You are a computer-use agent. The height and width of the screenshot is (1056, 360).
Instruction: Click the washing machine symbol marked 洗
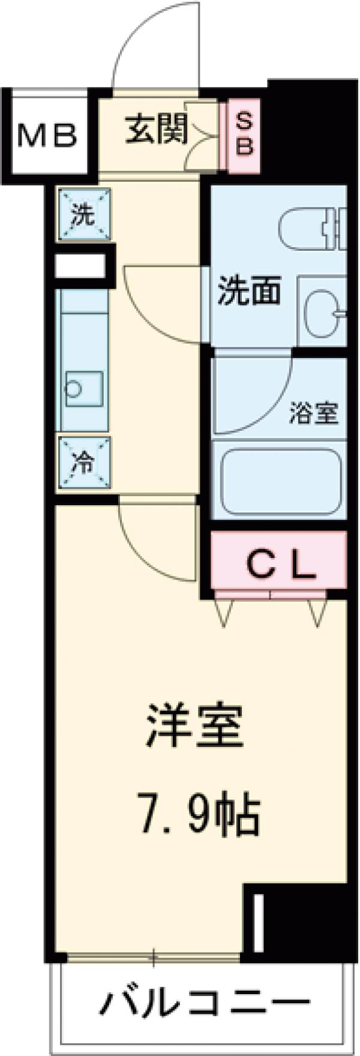(84, 214)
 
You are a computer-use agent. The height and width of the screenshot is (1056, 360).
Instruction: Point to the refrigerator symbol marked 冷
(84, 464)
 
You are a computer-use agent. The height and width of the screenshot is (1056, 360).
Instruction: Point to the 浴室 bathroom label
(314, 415)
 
